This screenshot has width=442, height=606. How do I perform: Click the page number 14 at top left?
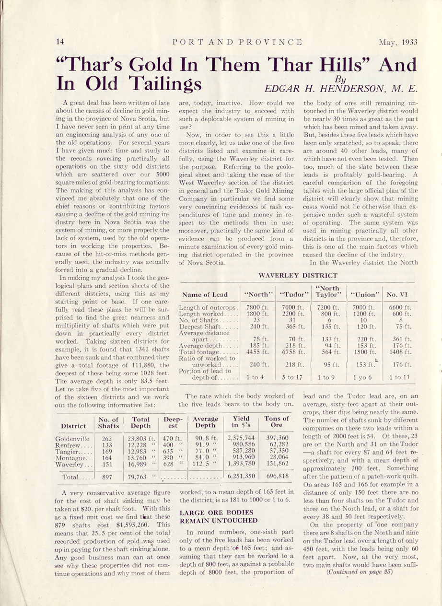pos(60,42)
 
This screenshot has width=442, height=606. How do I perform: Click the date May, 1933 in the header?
pos(398,42)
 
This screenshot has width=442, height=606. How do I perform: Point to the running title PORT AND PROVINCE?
pos(237,42)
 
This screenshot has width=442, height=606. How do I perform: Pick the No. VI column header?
pos(397,294)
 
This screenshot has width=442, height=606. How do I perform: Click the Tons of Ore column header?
pos(277,422)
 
